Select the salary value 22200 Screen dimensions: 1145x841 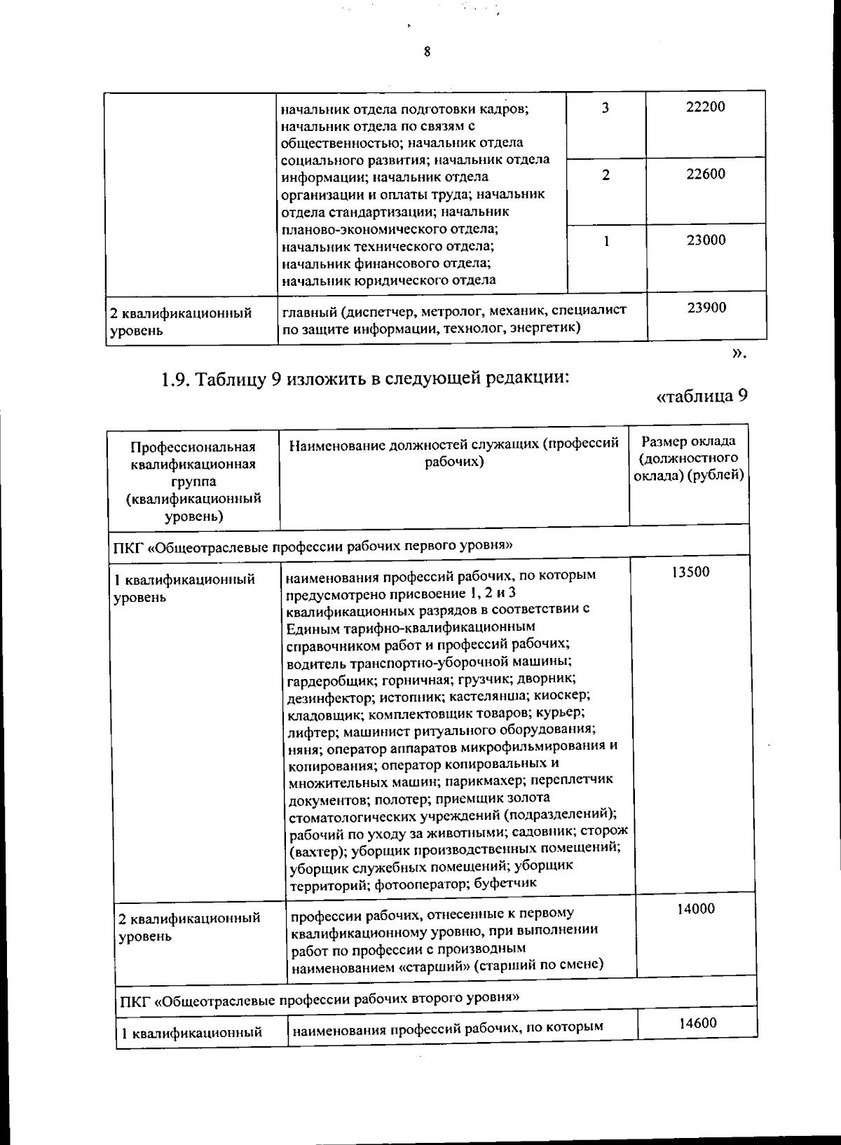point(706,107)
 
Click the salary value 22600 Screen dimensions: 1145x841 point(706,174)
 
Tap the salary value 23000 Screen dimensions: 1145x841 point(706,240)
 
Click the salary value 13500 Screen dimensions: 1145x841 point(690,572)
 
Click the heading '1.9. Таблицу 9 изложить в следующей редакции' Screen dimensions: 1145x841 point(364,379)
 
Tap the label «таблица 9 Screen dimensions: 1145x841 point(701,397)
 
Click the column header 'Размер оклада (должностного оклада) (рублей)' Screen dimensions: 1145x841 point(689,459)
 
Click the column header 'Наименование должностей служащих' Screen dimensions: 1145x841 point(454,452)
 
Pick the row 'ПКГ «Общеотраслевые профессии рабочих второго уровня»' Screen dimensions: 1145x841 point(319,998)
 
